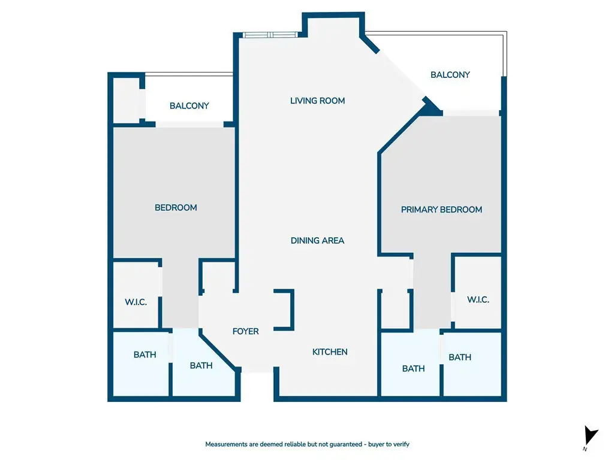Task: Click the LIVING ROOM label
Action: pyautogui.click(x=318, y=101)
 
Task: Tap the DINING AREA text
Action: pyautogui.click(x=318, y=241)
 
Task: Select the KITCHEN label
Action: pyautogui.click(x=330, y=352)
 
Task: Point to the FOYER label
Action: pyautogui.click(x=245, y=331)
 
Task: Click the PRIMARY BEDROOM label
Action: pyautogui.click(x=441, y=210)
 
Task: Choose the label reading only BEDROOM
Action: pyautogui.click(x=176, y=208)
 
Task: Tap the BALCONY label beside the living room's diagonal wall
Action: pyautogui.click(x=450, y=75)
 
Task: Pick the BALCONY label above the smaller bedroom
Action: pyautogui.click(x=189, y=105)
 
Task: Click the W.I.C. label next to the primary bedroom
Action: pyautogui.click(x=478, y=299)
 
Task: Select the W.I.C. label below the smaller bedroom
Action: pyautogui.click(x=136, y=302)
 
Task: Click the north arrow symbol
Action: pyautogui.click(x=591, y=435)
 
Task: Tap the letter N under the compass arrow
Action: pyautogui.click(x=585, y=449)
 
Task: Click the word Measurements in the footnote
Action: pyautogui.click(x=226, y=444)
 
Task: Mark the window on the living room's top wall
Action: pyautogui.click(x=270, y=35)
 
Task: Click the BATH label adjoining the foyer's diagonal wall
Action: pyautogui.click(x=201, y=366)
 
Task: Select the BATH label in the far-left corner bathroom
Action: pyautogui.click(x=145, y=355)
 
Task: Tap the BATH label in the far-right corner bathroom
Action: pyautogui.click(x=460, y=358)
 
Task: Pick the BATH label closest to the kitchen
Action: pyautogui.click(x=414, y=369)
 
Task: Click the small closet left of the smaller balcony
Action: pyautogui.click(x=127, y=100)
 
